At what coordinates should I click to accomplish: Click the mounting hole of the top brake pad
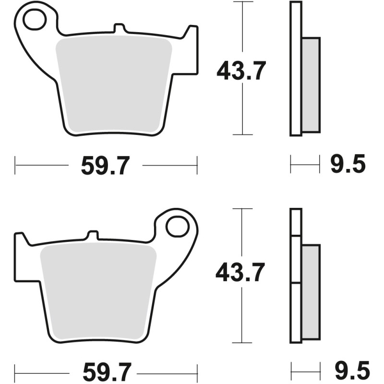point(34,20)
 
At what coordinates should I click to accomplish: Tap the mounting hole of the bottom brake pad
point(178,226)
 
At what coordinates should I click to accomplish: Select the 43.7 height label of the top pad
point(241,71)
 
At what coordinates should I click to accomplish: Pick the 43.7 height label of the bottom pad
point(240,274)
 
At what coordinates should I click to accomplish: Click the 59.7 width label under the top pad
point(105,166)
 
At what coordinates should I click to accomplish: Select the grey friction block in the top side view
point(311,84)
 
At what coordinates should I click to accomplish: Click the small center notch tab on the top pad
point(117,29)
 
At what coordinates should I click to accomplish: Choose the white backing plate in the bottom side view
point(296,276)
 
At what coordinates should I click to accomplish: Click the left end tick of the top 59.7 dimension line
point(15,166)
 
